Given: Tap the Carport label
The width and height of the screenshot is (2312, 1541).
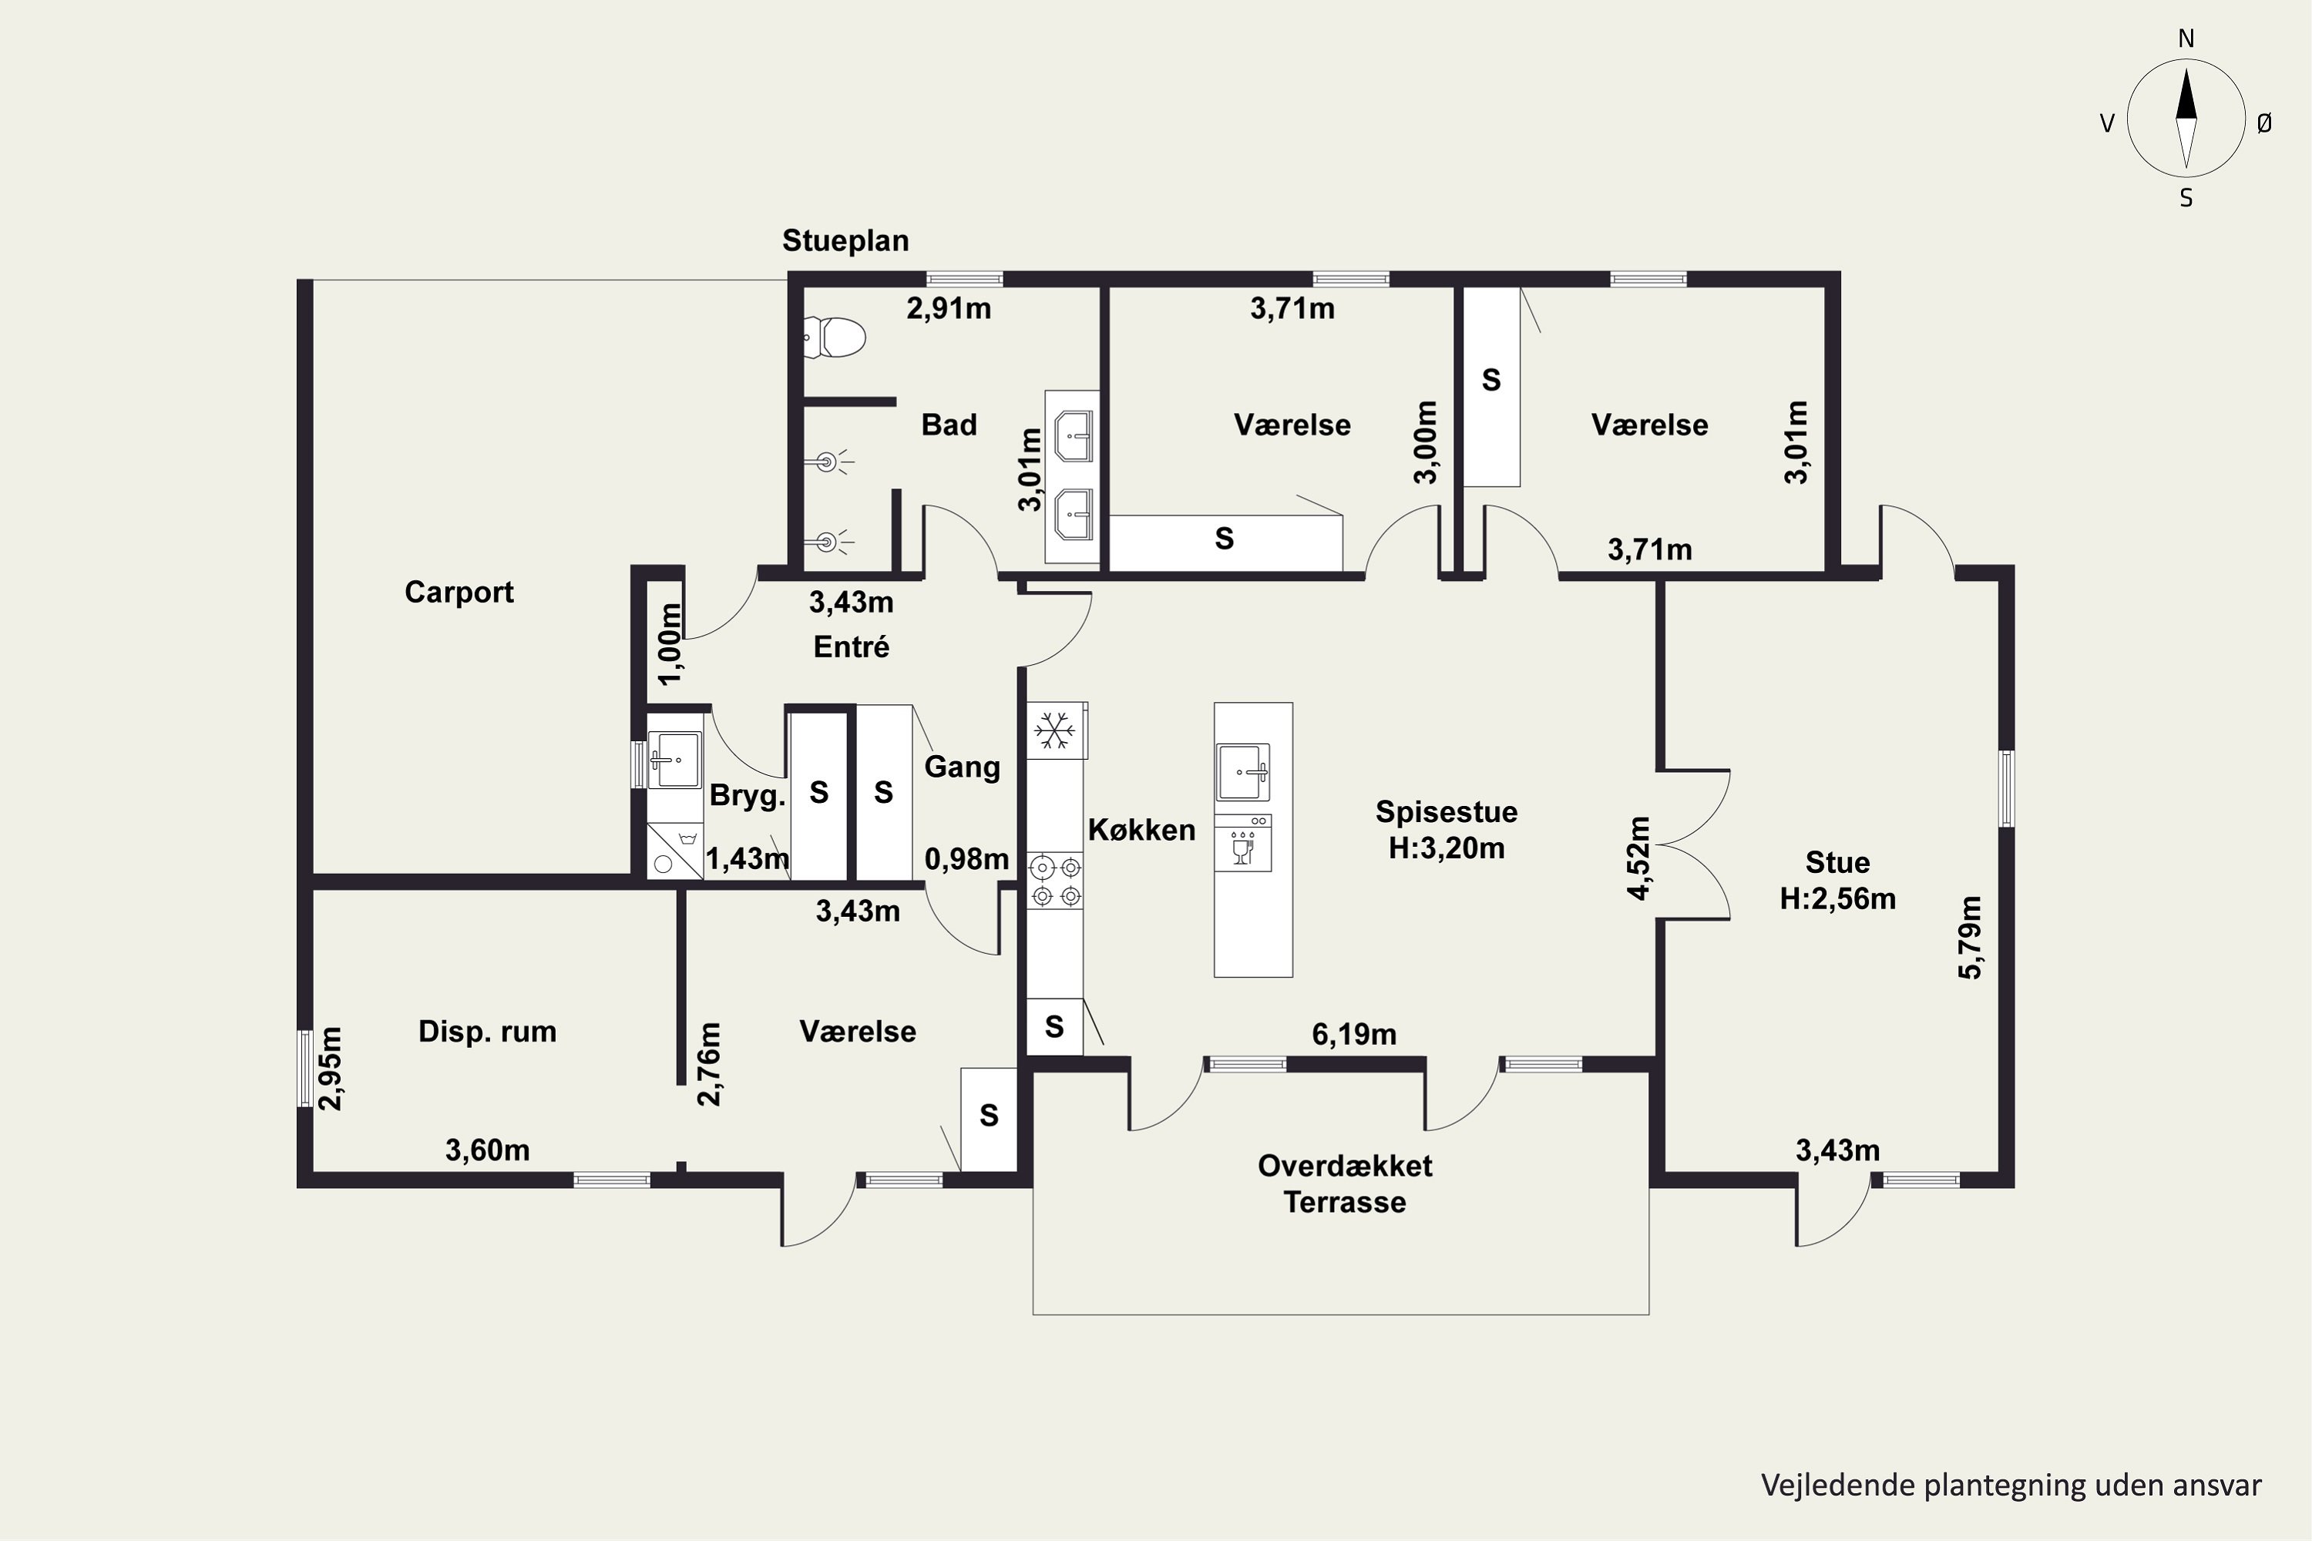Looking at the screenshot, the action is tap(459, 592).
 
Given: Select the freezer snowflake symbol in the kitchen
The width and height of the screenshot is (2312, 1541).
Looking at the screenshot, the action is tap(1055, 731).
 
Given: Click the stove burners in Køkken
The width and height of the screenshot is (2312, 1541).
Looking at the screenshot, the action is tap(1055, 881).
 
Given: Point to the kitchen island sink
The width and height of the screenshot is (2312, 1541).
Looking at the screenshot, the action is tap(1244, 773).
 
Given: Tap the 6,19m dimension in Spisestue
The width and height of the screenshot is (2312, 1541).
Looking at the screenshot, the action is tap(1353, 1034).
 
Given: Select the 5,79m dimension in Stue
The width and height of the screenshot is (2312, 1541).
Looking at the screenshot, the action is tap(1970, 938).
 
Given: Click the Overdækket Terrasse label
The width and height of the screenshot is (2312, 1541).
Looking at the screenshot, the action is tap(1345, 1183).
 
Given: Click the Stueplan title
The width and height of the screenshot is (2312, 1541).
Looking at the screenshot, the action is tap(845, 240).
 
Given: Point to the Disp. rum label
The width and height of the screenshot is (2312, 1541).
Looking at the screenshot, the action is tap(488, 1031).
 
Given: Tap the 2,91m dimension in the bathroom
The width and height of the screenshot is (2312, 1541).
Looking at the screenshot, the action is tap(949, 309).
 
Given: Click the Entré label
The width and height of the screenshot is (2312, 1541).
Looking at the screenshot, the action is tap(852, 646).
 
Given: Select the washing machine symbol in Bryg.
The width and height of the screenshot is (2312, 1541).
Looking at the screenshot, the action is tap(674, 851).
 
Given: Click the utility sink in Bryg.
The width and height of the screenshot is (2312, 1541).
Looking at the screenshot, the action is tap(674, 760).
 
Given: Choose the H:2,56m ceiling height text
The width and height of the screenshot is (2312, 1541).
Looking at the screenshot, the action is tap(1837, 898).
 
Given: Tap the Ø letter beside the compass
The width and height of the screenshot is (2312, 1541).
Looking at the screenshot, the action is tap(2264, 123).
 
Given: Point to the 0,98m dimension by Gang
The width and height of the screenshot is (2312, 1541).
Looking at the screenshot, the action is tap(966, 859).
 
